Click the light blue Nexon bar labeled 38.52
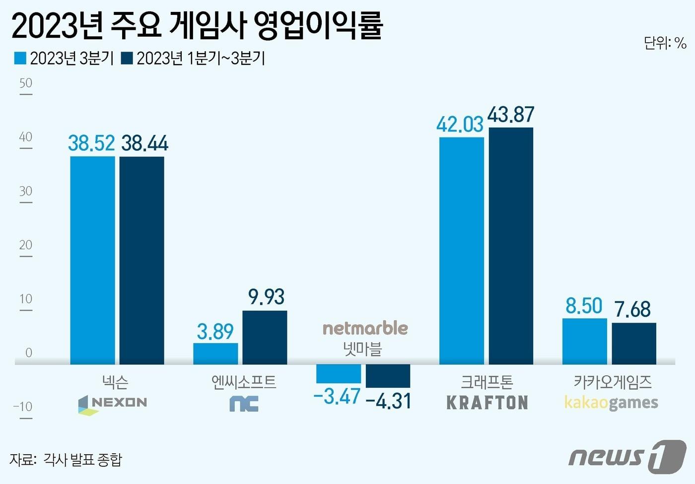click(x=92, y=260)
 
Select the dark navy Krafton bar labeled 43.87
click(x=511, y=246)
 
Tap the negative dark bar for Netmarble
click(x=388, y=376)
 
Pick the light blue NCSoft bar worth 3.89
click(x=215, y=353)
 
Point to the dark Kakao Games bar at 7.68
click(x=633, y=344)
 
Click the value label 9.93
click(x=266, y=297)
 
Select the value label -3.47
click(x=337, y=397)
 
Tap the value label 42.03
click(x=460, y=124)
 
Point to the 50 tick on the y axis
click(x=26, y=83)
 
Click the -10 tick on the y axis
click(x=23, y=407)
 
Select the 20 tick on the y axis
click(x=26, y=245)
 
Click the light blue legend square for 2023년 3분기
click(x=20, y=58)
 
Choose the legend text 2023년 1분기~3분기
click(x=201, y=58)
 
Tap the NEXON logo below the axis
click(x=113, y=404)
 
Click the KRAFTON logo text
click(x=487, y=403)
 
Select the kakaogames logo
click(x=611, y=403)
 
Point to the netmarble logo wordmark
click(x=365, y=328)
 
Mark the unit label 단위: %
click(x=665, y=43)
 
